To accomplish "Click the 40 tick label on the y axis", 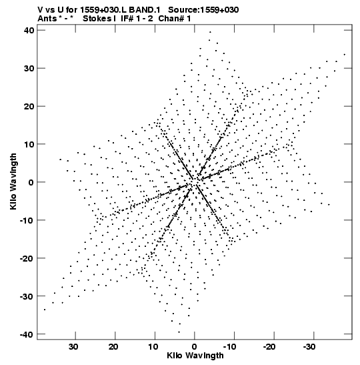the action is tap(29, 30).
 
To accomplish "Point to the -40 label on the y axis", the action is tap(27, 334).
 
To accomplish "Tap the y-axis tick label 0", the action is tap(31, 182).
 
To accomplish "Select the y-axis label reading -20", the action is tap(27, 258).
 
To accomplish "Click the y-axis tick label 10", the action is tap(29, 144).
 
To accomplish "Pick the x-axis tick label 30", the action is tap(73, 347).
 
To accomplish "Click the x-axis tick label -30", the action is tap(309, 347).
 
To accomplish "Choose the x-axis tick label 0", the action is tap(195, 347).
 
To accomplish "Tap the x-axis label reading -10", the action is tap(230, 347).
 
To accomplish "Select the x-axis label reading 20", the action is tap(113, 347).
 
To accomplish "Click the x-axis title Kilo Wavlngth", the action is tap(195, 356).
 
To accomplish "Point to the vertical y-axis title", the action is tap(13, 181).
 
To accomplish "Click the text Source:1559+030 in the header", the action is tap(203, 10).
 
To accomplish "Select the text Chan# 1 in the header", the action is tap(175, 19).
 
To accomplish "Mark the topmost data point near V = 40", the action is tap(210, 32).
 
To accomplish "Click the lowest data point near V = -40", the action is tap(179, 332).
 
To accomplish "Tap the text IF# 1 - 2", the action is tap(137, 19).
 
